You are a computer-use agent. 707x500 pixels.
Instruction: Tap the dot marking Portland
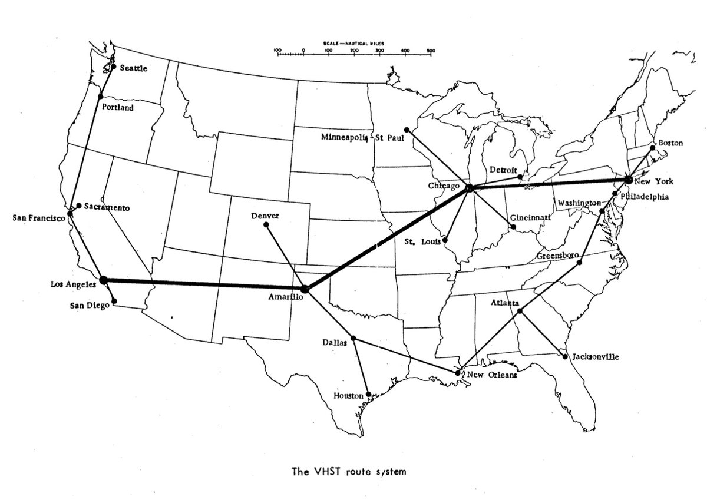point(101,96)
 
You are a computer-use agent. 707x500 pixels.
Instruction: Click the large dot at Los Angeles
point(104,280)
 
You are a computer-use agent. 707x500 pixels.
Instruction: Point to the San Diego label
point(90,305)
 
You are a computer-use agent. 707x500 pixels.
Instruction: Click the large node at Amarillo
point(305,289)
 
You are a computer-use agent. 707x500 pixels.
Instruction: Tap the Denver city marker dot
point(266,224)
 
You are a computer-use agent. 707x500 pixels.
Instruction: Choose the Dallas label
point(335,342)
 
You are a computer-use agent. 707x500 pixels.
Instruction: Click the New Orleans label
point(491,375)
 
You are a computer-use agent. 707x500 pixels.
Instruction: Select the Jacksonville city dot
point(564,356)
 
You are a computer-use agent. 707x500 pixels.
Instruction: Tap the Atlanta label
point(504,303)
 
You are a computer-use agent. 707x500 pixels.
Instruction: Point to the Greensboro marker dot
point(580,263)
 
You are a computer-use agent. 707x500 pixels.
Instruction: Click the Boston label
point(671,143)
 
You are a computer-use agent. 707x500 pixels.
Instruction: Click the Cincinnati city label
point(531,217)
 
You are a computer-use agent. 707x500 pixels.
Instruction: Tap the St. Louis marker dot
point(445,240)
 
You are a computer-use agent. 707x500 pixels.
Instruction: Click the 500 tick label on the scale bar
point(431,51)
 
